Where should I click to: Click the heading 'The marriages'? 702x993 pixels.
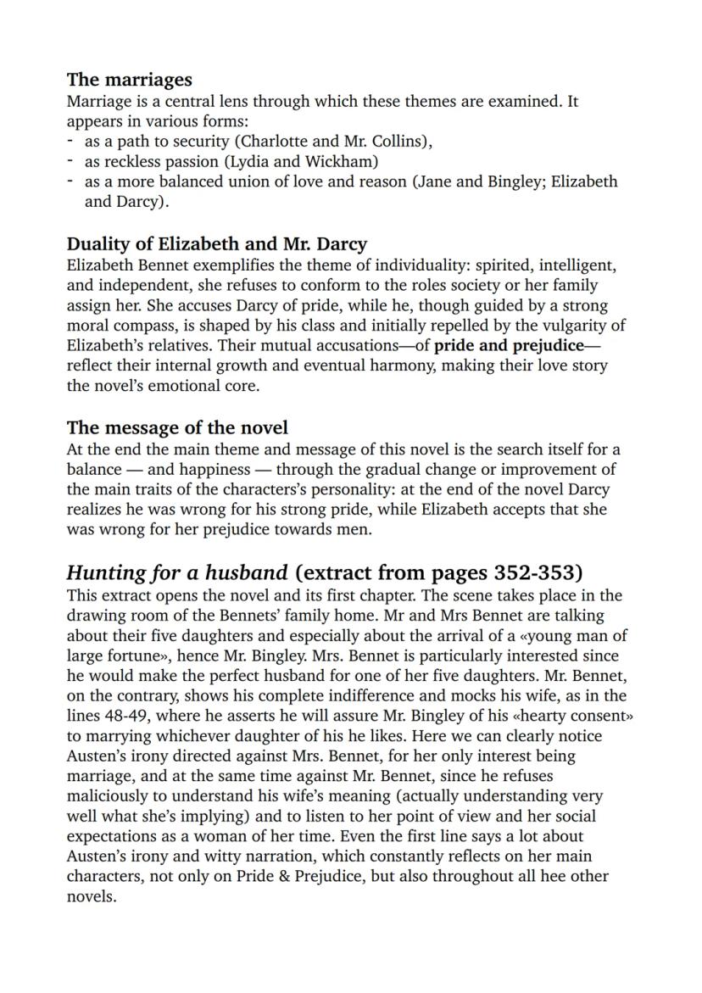[129, 80]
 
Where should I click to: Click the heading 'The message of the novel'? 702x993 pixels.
[177, 427]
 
